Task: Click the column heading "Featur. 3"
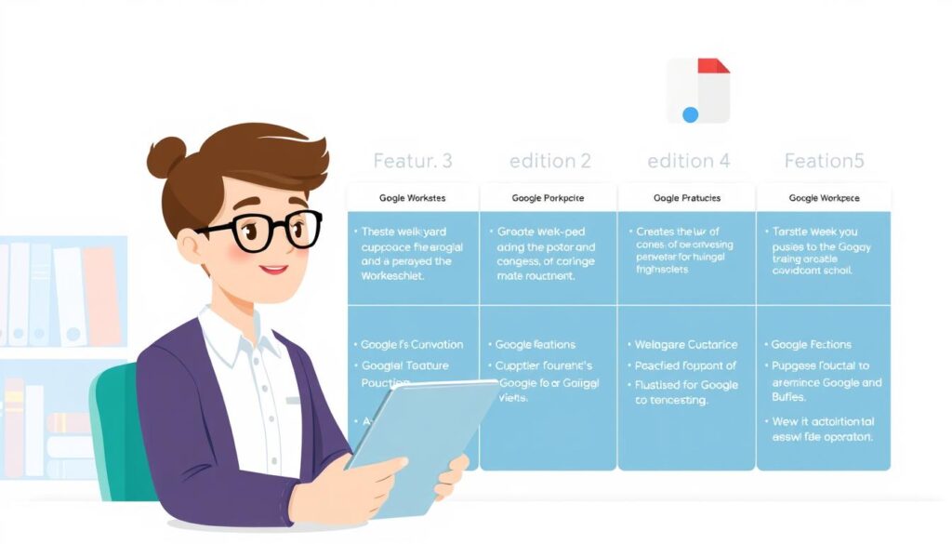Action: (412, 161)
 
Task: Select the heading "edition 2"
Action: (550, 161)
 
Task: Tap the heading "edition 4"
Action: (688, 161)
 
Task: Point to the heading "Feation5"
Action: (824, 161)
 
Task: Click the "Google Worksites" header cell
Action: (413, 198)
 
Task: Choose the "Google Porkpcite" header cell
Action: (549, 198)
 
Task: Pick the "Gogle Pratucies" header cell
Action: (687, 198)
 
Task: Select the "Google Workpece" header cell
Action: (824, 198)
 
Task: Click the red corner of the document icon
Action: (713, 66)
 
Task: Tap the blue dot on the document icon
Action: (690, 114)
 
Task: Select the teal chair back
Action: (112, 418)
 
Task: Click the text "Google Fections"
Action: (812, 345)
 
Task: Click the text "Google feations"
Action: (535, 345)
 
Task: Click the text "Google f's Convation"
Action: (412, 345)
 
